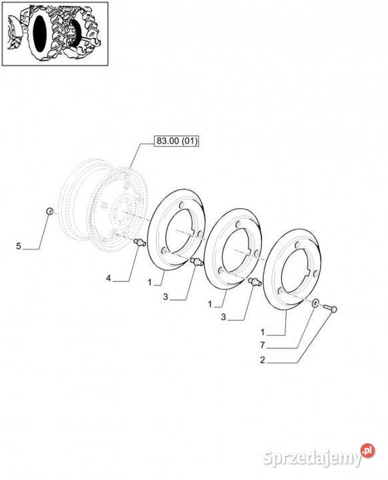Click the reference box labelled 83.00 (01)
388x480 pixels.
(177, 141)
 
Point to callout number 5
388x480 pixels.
(19, 246)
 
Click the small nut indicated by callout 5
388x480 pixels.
(49, 211)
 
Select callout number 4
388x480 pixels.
(109, 278)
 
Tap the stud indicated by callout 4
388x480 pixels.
(139, 243)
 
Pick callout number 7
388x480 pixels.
(262, 345)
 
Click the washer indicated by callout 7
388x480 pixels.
(315, 304)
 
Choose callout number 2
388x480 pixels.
(262, 360)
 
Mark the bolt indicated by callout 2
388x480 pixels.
(330, 308)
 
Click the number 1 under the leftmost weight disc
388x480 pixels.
(150, 282)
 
